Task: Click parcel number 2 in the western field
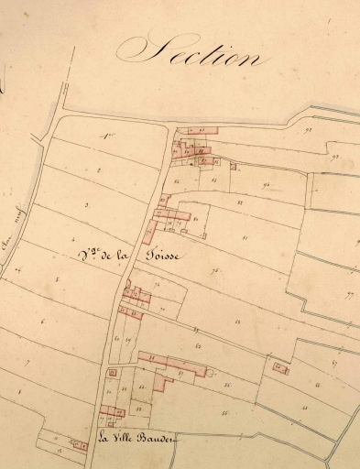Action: tap(98, 171)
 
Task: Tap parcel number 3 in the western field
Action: tap(86, 205)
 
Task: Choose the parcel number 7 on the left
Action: tap(27, 364)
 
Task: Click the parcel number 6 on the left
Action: tap(42, 321)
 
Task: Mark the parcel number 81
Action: tap(245, 238)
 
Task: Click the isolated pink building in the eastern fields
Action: tap(279, 368)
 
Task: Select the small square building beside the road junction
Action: tap(112, 373)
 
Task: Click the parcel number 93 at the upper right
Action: tap(335, 158)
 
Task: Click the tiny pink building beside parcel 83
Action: tap(235, 167)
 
